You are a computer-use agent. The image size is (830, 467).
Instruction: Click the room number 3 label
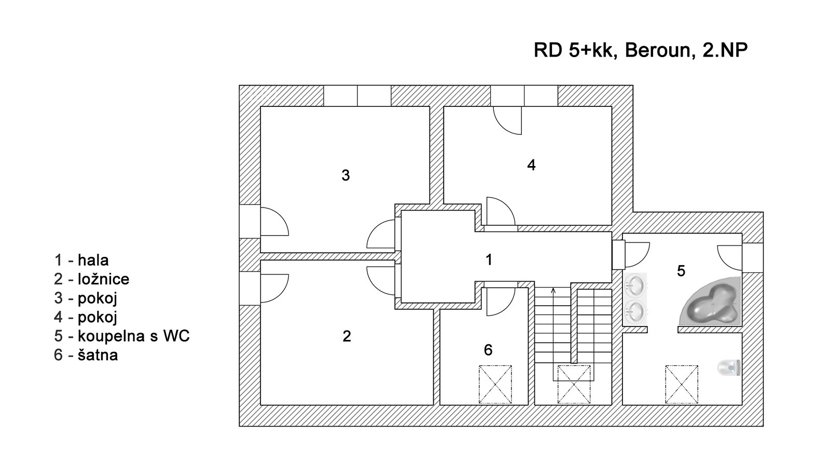coord(345,175)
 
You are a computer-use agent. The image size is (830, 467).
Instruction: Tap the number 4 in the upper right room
coord(531,165)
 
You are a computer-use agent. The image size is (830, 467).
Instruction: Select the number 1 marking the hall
coord(489,259)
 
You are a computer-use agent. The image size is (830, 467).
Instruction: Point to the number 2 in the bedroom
coord(347,336)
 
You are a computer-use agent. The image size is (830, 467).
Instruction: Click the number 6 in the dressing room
coord(488,350)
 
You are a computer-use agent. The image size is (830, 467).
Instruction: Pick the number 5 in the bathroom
coord(681,271)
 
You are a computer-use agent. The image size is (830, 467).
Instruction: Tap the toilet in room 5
coord(729,368)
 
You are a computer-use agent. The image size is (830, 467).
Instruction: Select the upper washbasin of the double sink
coord(635,284)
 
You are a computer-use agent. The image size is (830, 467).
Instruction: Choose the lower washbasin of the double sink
coord(635,311)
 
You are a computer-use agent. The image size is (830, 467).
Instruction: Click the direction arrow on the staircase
coord(554,292)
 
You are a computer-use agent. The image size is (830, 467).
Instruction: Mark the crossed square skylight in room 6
coord(495,384)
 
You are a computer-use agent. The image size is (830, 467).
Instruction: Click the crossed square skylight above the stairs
coord(574,384)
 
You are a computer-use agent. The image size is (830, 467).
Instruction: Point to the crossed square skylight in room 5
coord(682,384)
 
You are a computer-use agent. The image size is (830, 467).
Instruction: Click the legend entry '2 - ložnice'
coord(92,279)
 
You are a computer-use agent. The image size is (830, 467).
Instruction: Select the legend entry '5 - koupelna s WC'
coord(122,336)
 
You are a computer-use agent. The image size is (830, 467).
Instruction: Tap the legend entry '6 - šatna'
coord(86,355)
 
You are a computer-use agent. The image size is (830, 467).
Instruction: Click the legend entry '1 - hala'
coord(81,260)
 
